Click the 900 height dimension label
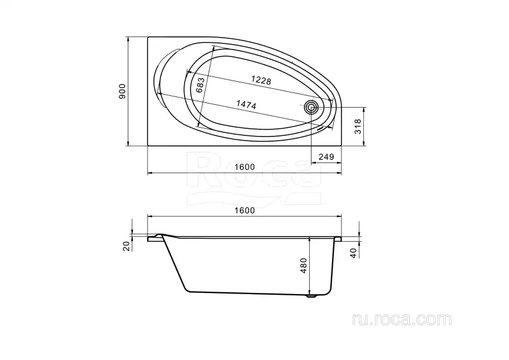(x=122, y=91)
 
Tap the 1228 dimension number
(x=261, y=80)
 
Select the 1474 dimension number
(x=246, y=104)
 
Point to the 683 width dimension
(x=200, y=85)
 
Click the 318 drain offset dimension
(x=358, y=126)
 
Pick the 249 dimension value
(x=326, y=157)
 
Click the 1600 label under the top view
(x=245, y=167)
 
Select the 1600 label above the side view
(x=245, y=211)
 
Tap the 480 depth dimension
(x=303, y=265)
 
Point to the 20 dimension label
(x=126, y=246)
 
